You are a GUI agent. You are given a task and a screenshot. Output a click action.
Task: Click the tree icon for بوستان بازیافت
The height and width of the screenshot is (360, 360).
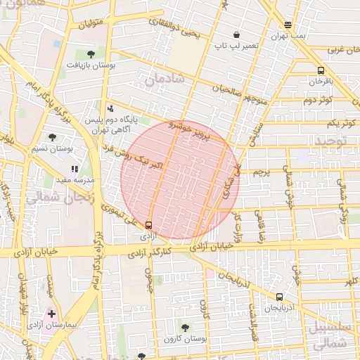point(91,53)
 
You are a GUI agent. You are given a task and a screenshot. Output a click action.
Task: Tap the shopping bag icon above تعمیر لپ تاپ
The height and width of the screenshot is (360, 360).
point(237,34)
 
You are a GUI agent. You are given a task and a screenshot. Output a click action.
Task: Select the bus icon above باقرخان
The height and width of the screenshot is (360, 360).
point(321,70)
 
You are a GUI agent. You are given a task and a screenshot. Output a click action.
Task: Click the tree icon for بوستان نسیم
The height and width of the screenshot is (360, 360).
point(53,137)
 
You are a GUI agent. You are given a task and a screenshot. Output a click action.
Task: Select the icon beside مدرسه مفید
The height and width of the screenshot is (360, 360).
point(75,169)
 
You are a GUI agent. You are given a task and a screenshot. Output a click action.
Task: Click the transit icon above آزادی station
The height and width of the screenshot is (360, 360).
point(148,225)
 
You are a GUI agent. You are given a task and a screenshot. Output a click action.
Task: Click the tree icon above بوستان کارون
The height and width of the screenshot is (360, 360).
point(185,328)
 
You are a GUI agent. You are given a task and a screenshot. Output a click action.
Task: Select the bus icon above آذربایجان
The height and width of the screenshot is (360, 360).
point(280,297)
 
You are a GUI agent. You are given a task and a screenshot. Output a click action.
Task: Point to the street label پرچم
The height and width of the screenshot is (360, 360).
point(260,172)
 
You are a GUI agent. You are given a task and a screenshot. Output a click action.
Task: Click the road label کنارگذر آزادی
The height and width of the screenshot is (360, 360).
point(151,250)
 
